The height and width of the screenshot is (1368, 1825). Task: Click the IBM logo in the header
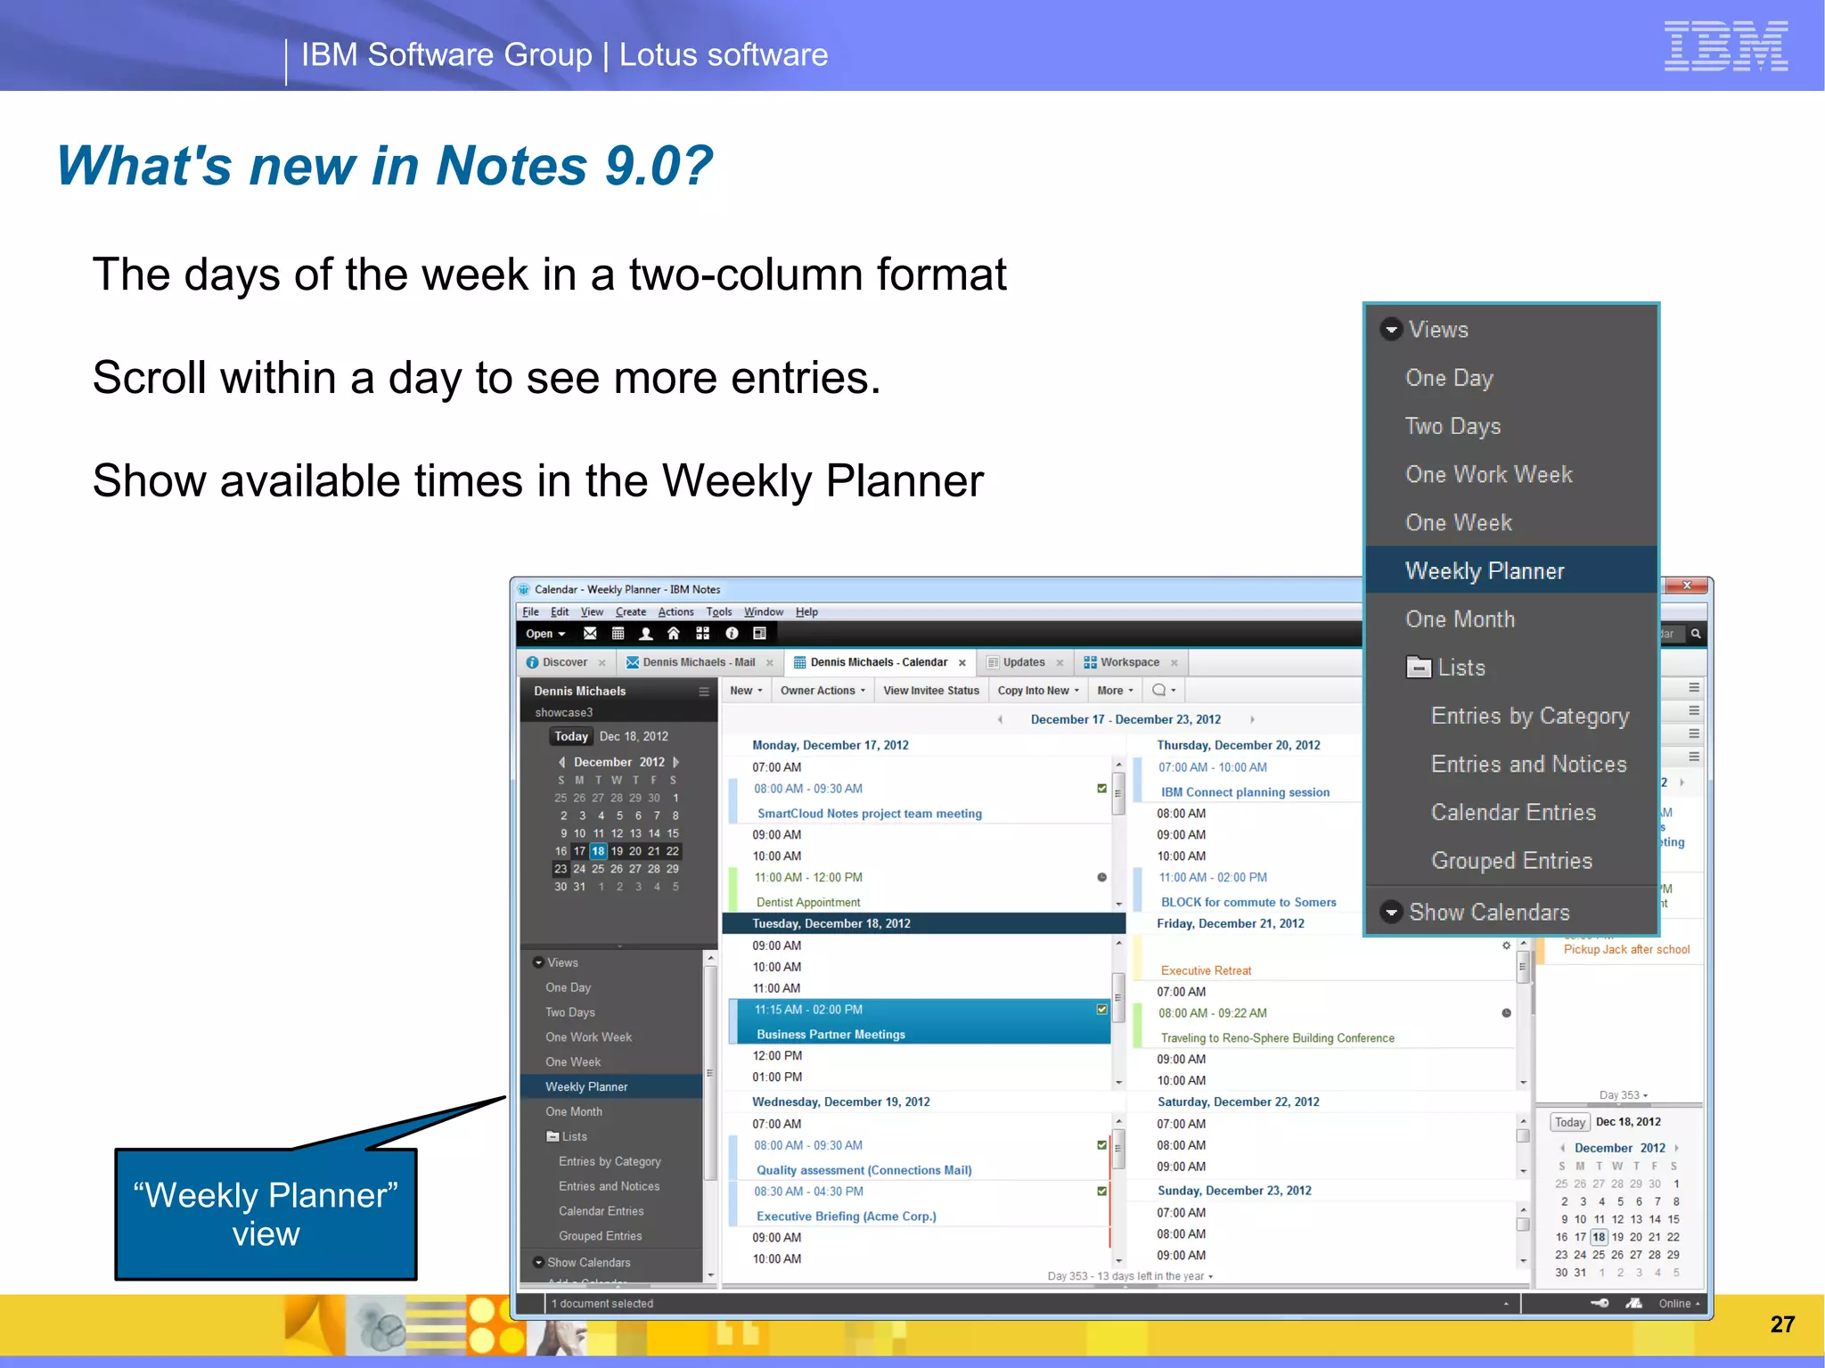pos(1725,46)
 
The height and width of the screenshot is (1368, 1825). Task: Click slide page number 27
pos(1781,1324)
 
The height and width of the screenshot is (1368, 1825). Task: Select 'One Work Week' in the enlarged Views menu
pos(1488,475)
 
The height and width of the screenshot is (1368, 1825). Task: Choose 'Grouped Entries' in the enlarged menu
pos(1511,861)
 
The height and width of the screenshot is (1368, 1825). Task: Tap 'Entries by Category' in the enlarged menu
pos(1529,717)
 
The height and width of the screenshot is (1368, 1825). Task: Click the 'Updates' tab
pos(1023,662)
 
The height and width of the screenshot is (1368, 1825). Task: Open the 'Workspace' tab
pos(1129,662)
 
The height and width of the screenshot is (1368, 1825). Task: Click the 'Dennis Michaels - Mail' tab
pos(698,662)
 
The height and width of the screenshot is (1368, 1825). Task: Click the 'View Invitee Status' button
pos(930,691)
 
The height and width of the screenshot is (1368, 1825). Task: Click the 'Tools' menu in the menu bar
pos(718,612)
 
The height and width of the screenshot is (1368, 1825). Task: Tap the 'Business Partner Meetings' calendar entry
pos(831,1035)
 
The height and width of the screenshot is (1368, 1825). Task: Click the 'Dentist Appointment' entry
pos(808,903)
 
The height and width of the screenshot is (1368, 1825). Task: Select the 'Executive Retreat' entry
pos(1206,971)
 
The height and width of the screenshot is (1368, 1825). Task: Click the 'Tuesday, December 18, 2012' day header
pos(831,923)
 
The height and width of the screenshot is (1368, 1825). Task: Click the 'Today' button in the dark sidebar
pos(570,737)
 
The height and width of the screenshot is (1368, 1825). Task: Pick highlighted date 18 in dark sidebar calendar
pos(598,851)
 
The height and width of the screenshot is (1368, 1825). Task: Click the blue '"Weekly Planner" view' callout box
pos(266,1214)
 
